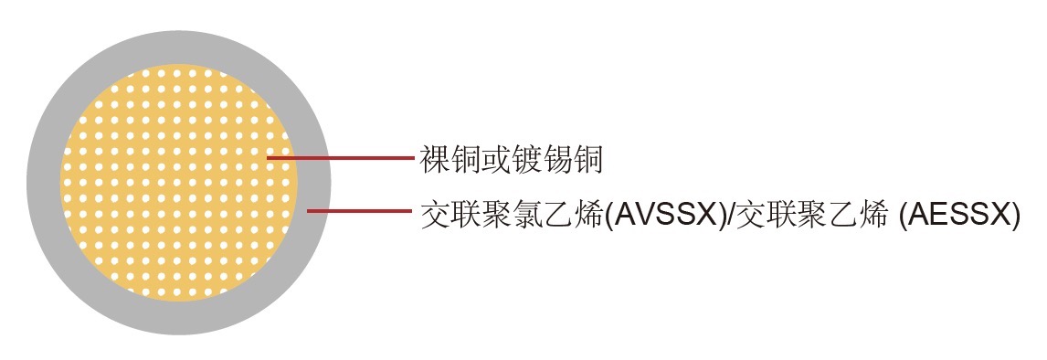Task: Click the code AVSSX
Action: click(666, 216)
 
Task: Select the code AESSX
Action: click(958, 216)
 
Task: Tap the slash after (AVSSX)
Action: click(728, 216)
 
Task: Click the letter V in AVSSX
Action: click(642, 216)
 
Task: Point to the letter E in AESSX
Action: click(936, 216)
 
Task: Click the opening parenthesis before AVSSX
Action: click(607, 216)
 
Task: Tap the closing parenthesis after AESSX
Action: click(1014, 216)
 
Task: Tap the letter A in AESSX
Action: click(915, 216)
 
